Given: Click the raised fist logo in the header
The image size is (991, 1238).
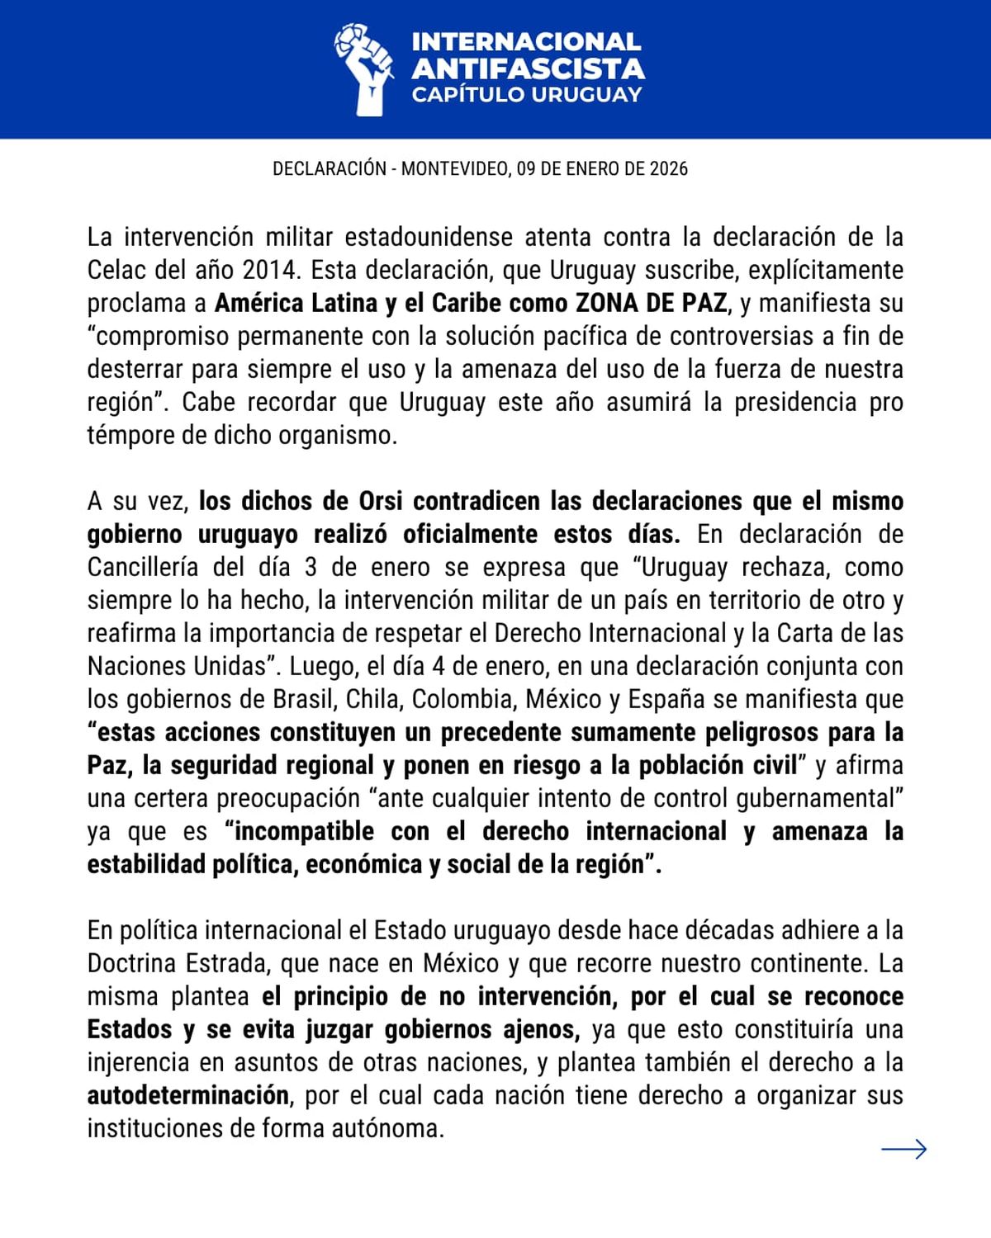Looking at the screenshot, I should click(363, 69).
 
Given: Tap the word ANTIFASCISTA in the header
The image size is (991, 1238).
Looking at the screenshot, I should click(528, 68).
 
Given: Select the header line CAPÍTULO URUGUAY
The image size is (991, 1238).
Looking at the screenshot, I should click(527, 94).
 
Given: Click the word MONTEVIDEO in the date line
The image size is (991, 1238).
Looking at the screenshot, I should click(454, 168).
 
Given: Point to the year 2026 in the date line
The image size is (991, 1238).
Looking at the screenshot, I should click(668, 168).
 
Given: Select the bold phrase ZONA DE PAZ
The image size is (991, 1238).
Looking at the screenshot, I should click(651, 303).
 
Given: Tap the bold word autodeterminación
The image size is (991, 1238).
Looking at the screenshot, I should click(188, 1095).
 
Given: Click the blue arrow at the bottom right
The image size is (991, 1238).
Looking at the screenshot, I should click(903, 1149).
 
